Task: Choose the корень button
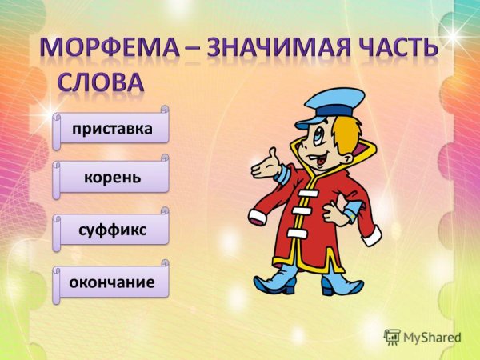[x=112, y=176]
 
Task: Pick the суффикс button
[x=112, y=229]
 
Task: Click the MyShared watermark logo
[x=422, y=338]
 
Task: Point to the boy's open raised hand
[x=265, y=163]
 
